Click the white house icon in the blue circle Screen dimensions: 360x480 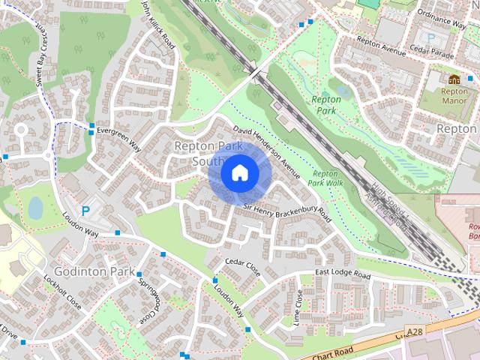[x=238, y=173]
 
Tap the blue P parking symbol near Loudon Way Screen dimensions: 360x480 [x=85, y=211]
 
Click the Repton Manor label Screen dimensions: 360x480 [x=454, y=95]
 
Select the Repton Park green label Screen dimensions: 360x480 [x=325, y=105]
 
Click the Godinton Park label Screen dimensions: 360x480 [x=93, y=270]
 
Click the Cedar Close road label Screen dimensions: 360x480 [x=242, y=267]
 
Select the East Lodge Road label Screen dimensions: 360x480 [x=343, y=275]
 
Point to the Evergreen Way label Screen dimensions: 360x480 [x=114, y=134]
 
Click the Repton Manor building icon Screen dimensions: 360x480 [x=454, y=79]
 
